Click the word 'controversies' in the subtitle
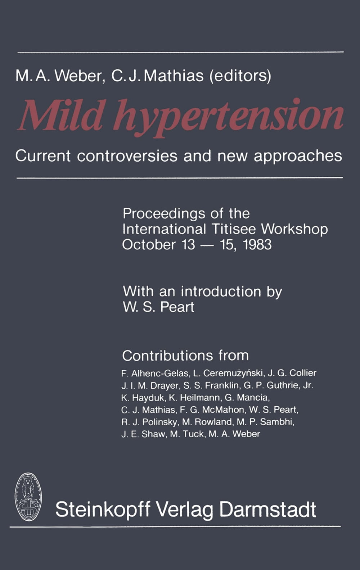tap(127, 156)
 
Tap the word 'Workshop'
tap(294, 230)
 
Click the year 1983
tap(257, 245)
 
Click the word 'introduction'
tap(221, 291)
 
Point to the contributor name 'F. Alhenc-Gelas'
tap(155, 373)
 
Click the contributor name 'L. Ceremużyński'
tap(228, 373)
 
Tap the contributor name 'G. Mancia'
tap(247, 398)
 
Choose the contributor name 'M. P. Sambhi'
tap(265, 422)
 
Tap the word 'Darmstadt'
tap(267, 510)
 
